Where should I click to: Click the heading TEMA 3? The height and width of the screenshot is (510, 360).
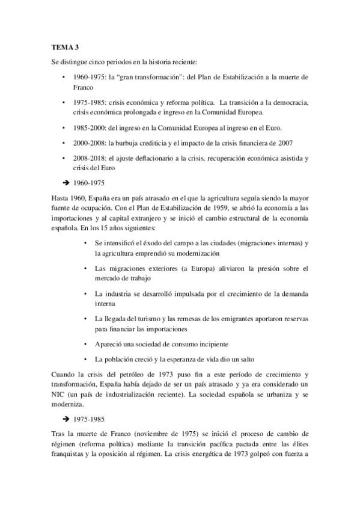64,48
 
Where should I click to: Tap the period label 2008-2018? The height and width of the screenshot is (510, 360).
86,158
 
